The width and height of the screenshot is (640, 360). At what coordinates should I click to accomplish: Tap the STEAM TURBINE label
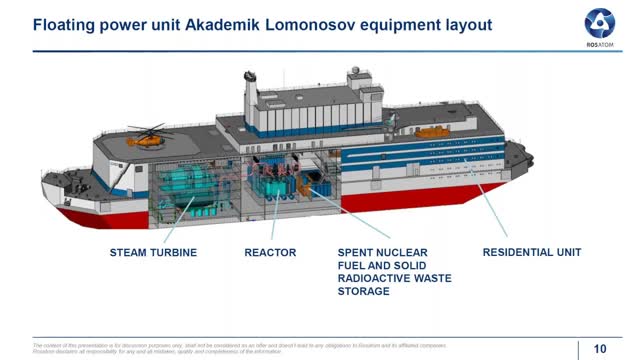click(x=153, y=253)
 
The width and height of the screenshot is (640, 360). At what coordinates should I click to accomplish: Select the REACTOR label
click(x=270, y=253)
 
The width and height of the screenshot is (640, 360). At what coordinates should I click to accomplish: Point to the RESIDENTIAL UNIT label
click(x=532, y=253)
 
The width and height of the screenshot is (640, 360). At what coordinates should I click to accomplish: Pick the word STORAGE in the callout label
click(x=363, y=292)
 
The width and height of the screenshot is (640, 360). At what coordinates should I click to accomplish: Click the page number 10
click(x=600, y=348)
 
